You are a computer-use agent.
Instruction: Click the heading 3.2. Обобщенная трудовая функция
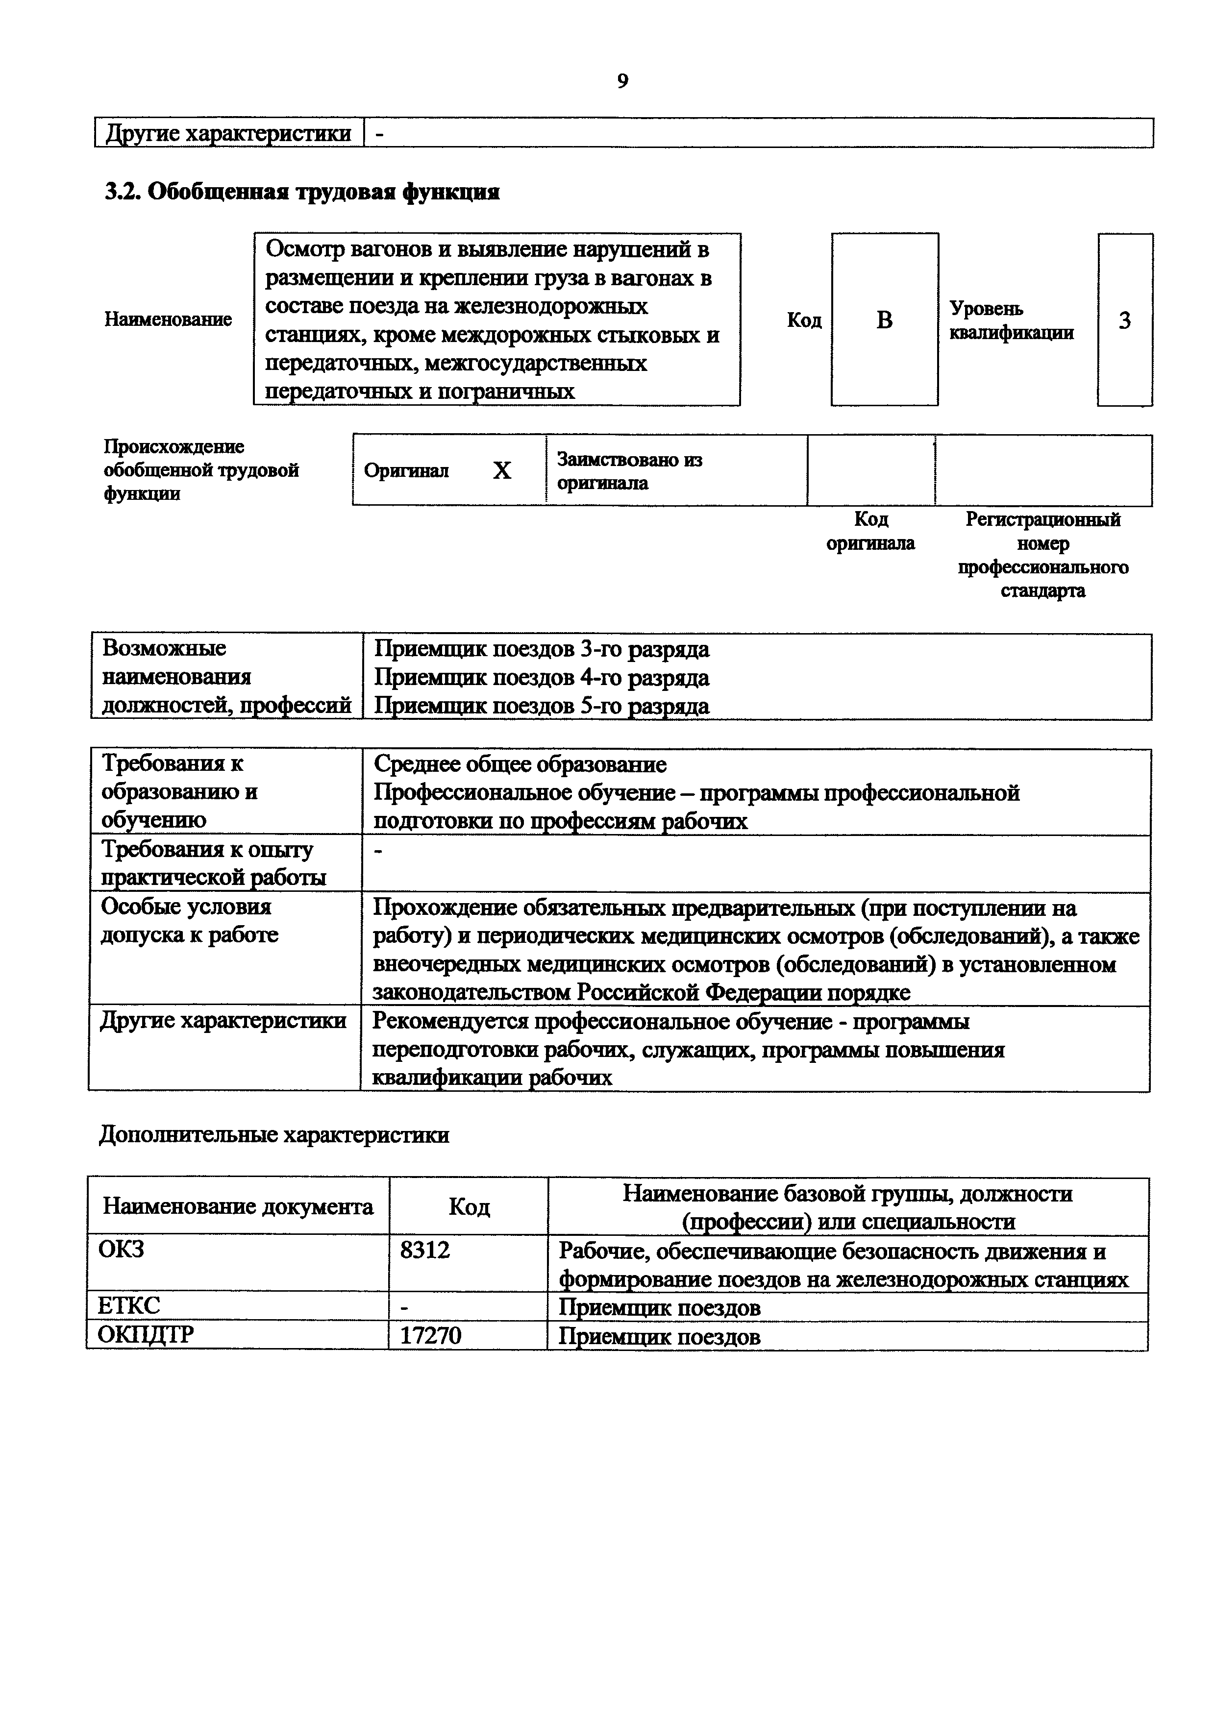point(302,193)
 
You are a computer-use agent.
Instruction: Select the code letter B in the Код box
point(884,320)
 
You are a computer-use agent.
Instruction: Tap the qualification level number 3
point(1124,320)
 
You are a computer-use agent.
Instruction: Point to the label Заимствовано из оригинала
point(630,471)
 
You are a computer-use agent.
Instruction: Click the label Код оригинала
point(870,531)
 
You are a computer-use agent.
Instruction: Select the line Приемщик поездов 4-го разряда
point(541,678)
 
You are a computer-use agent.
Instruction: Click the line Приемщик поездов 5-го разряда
point(541,705)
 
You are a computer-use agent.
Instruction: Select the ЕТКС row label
point(129,1306)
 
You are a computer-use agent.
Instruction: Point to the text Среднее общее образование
point(520,764)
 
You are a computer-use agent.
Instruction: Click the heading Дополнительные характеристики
point(274,1135)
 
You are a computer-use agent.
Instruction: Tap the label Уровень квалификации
point(1012,320)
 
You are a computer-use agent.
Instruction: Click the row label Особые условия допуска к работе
point(189,920)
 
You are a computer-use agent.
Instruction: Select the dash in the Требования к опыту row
point(378,851)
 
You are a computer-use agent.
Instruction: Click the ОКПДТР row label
point(146,1335)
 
